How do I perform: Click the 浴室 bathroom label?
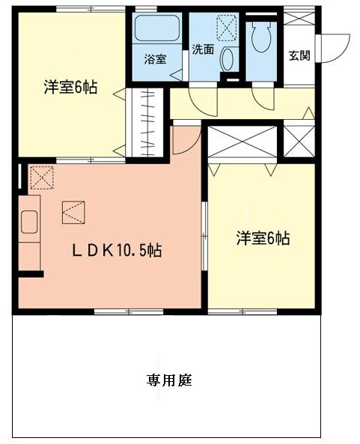click(x=155, y=59)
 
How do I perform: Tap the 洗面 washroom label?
click(x=203, y=49)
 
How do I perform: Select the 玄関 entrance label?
click(x=299, y=55)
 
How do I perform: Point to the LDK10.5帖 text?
click(x=117, y=250)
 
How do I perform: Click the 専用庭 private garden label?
click(x=169, y=380)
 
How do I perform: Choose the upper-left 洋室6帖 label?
click(x=70, y=87)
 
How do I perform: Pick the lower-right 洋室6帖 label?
click(x=263, y=238)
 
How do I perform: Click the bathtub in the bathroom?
click(x=157, y=28)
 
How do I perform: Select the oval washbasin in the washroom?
click(x=227, y=59)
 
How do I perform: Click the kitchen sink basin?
click(x=29, y=222)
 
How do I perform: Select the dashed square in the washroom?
click(x=227, y=28)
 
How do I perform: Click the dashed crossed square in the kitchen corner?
click(x=42, y=178)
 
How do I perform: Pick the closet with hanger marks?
click(x=147, y=123)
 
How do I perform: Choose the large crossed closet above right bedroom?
click(x=242, y=142)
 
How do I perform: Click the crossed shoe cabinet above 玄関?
click(x=299, y=18)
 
